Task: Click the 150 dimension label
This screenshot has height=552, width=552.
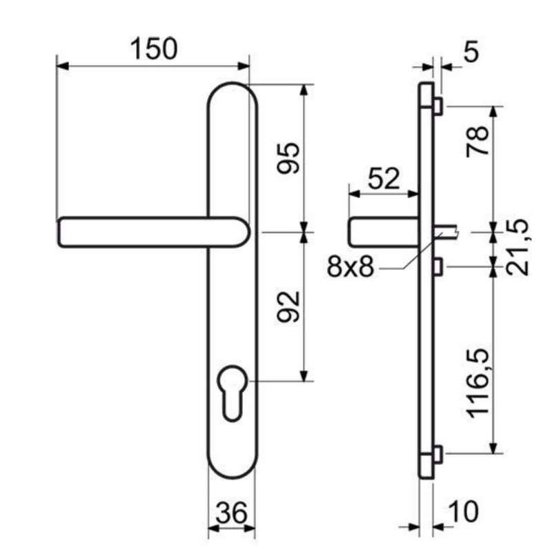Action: coord(154,48)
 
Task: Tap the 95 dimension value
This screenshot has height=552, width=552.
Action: coord(288,159)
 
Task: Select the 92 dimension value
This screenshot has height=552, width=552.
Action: coord(288,306)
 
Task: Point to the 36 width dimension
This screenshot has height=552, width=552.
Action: coord(231,513)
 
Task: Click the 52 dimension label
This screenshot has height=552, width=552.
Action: coord(384,179)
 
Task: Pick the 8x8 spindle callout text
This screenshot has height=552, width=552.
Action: coord(351,266)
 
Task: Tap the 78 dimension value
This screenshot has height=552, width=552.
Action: coord(477,141)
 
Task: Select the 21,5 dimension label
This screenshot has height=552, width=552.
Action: coord(517,247)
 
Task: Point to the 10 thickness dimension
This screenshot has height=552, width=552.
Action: coord(464,511)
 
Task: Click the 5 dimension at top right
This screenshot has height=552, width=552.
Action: coord(471,51)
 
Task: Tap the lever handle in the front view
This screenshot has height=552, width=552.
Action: coord(153,233)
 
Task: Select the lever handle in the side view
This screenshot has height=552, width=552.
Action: coord(384,232)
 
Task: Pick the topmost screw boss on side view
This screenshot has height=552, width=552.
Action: coord(438,106)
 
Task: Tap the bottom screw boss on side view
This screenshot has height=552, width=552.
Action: coord(438,454)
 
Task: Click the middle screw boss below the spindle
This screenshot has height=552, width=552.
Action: coord(438,266)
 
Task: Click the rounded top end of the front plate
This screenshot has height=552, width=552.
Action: coord(233,95)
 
